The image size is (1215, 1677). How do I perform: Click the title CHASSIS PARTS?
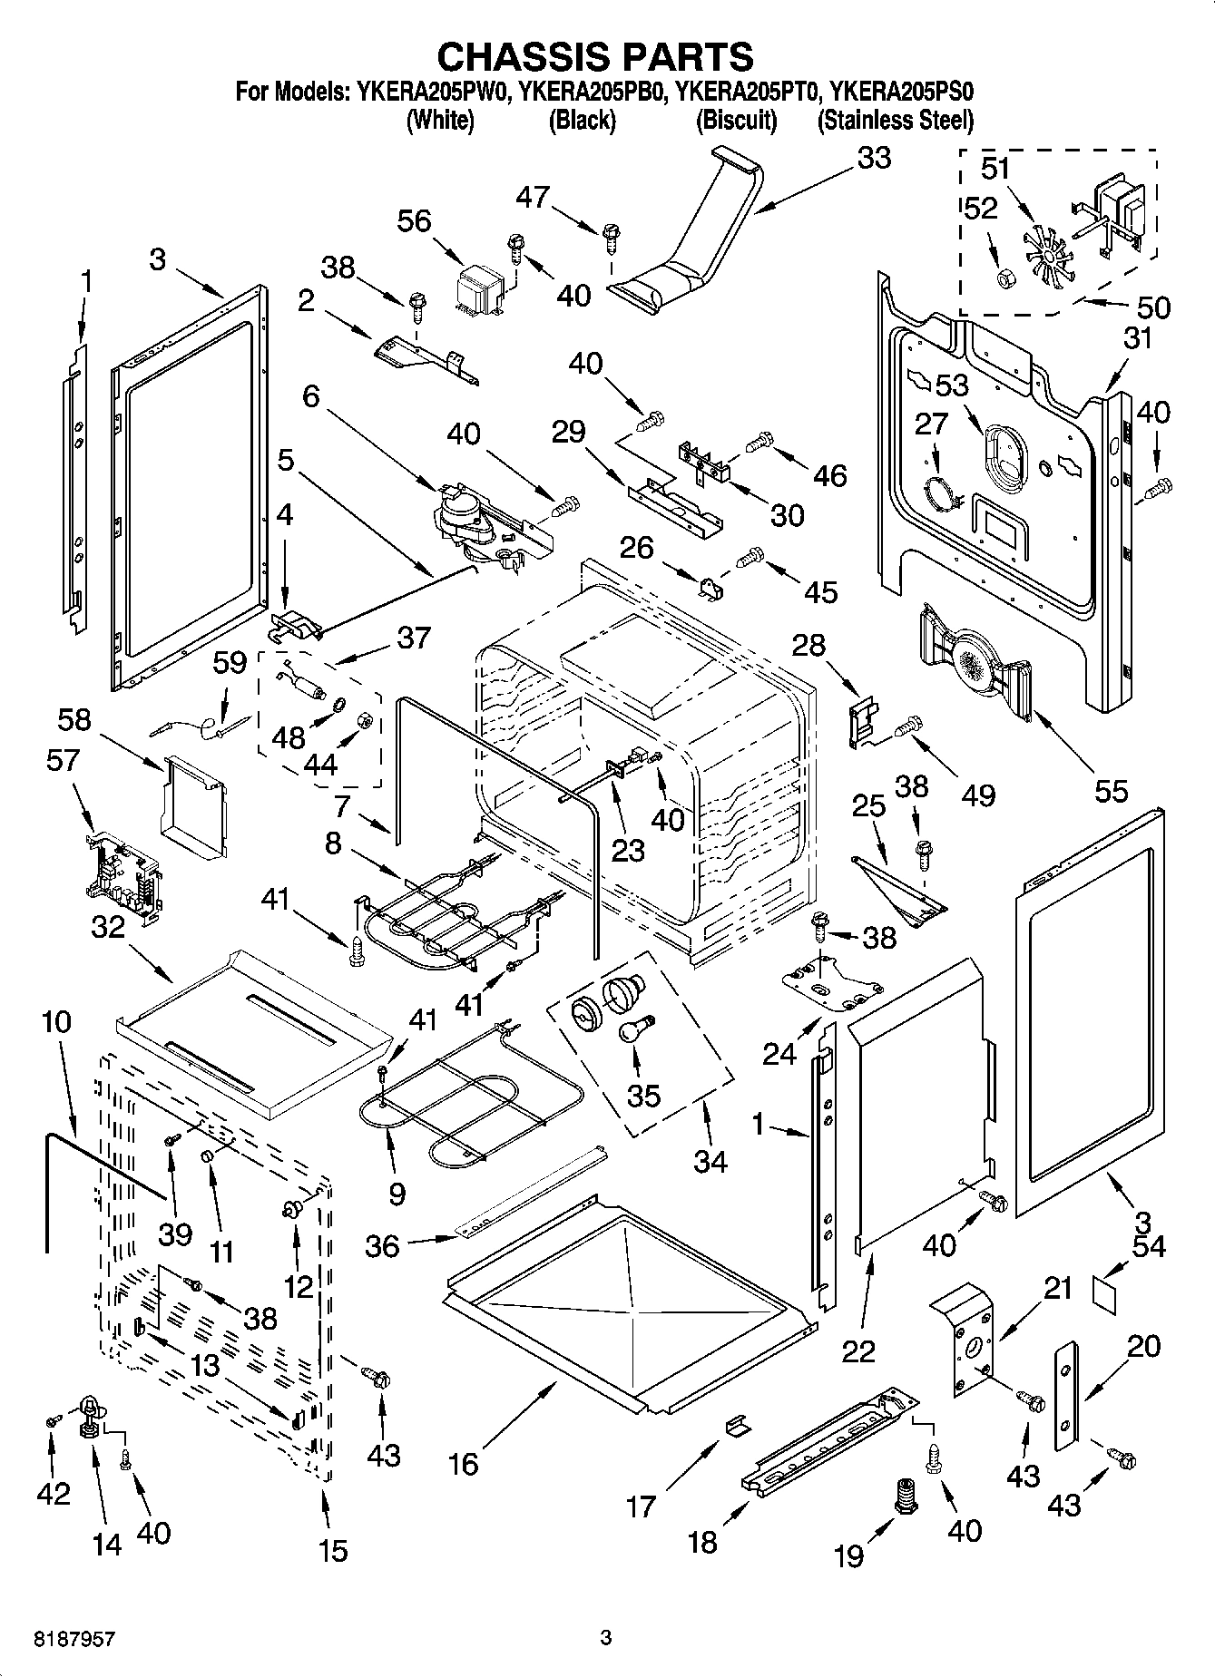pos(595,57)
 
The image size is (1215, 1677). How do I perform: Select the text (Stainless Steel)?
pos(895,120)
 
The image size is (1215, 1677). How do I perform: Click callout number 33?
pos(873,158)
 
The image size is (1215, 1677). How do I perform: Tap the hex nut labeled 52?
pos(1004,278)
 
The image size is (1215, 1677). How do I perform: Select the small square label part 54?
pos(1104,1289)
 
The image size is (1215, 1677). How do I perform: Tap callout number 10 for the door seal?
pos(56,1022)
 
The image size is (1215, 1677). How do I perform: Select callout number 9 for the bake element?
pos(397,1194)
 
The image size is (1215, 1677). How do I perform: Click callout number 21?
pos(1058,1287)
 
